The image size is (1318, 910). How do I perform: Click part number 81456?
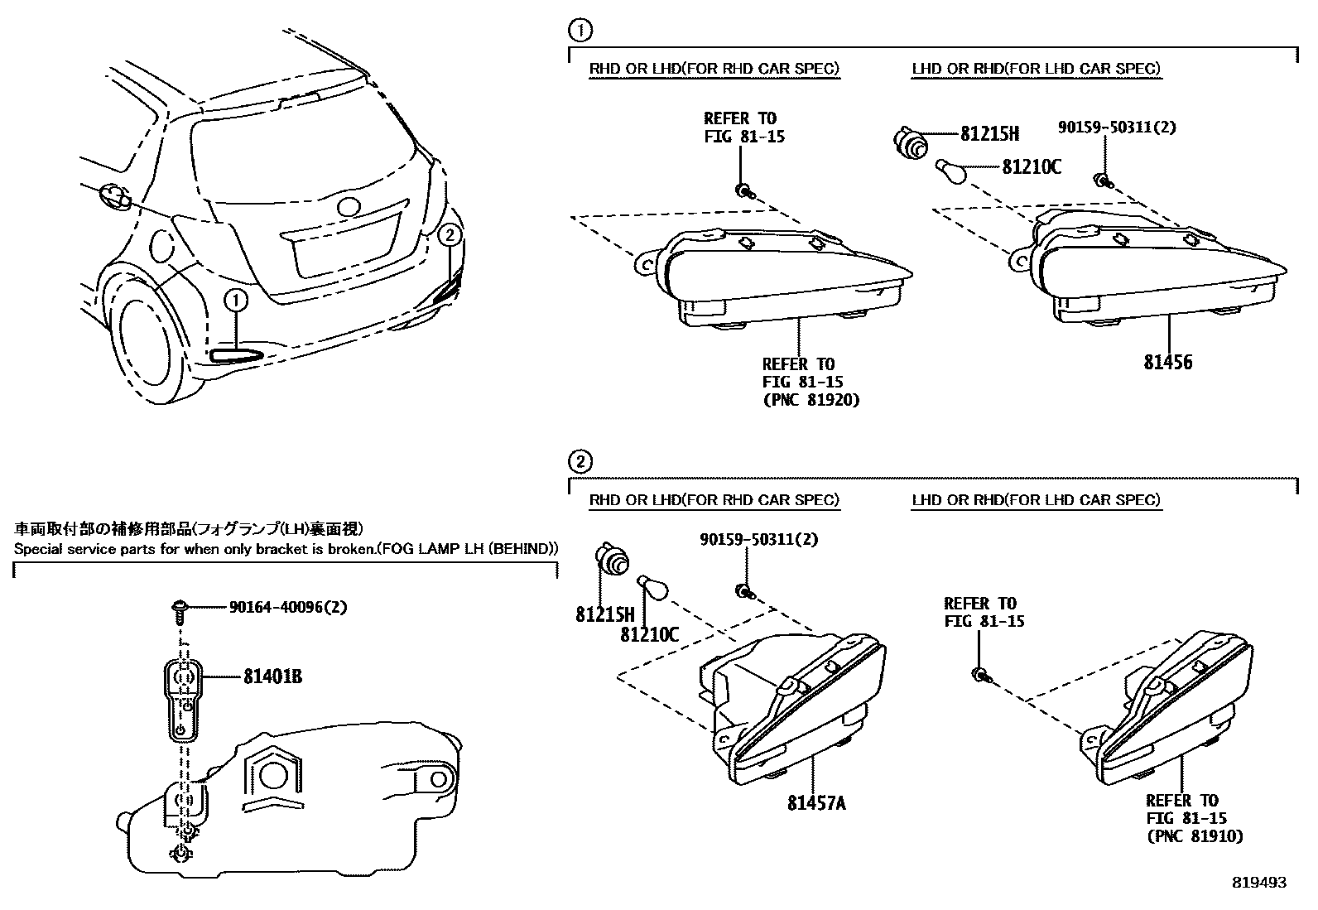coord(1169,362)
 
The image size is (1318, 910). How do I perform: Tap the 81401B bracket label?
coord(272,677)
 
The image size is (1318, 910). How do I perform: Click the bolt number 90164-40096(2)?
coord(287,607)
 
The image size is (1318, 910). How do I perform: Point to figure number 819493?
coord(1258,883)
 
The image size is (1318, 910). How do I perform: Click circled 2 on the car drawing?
coord(449,234)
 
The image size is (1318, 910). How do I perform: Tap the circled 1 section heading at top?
coord(580,31)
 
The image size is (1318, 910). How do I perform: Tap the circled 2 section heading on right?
coord(580,461)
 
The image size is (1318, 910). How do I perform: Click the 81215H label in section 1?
coord(989,133)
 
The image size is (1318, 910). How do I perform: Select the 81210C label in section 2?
coord(649,634)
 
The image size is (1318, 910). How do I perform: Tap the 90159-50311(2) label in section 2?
coord(758,539)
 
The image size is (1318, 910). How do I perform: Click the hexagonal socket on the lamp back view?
coord(272,774)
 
